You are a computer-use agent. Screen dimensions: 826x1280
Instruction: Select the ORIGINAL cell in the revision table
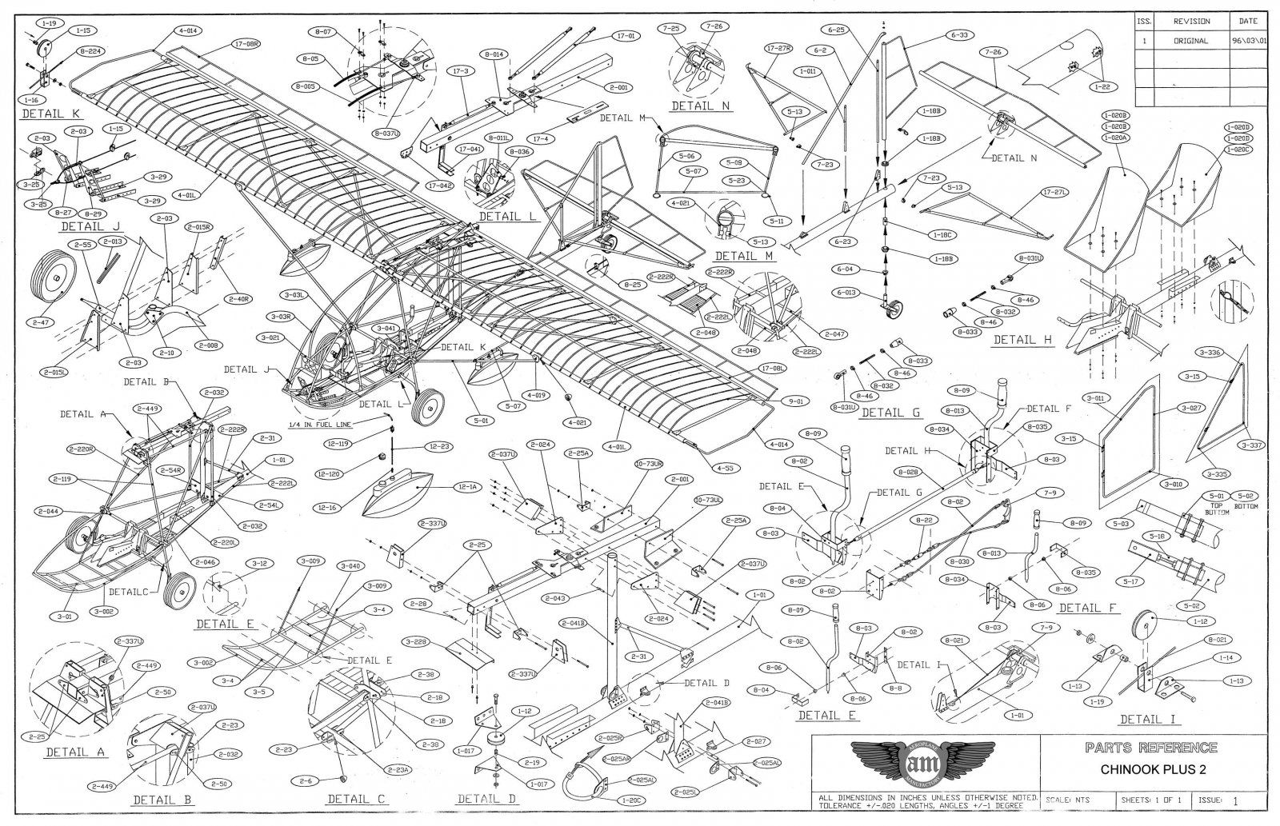[x=1191, y=41]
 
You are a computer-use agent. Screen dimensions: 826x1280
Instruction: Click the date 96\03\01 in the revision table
[x=1252, y=41]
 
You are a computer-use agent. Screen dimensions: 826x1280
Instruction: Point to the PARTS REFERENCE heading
[x=1152, y=748]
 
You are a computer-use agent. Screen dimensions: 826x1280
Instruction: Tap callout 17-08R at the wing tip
[x=246, y=44]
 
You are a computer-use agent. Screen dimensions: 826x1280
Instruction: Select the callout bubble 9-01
[x=798, y=401]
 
